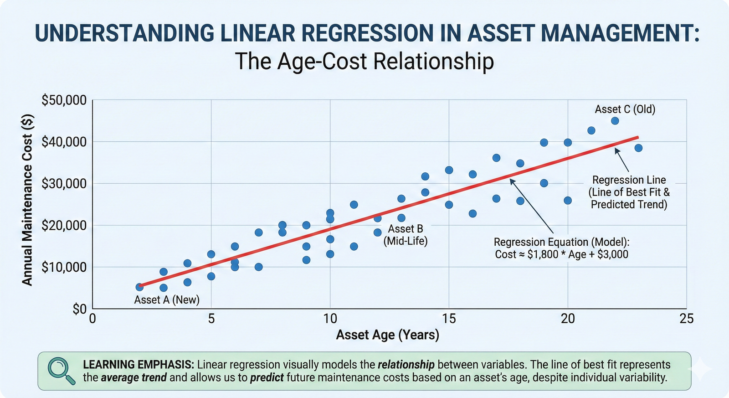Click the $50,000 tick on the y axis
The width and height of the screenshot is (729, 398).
[x=64, y=100]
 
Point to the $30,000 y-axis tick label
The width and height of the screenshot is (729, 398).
[x=64, y=184]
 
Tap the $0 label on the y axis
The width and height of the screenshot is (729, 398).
[x=79, y=309]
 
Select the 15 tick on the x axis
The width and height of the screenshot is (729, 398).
[x=449, y=319]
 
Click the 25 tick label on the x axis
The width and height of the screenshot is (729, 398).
[x=686, y=319]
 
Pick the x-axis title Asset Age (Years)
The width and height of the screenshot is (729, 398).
[x=388, y=335]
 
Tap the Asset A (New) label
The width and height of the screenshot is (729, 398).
[x=167, y=300]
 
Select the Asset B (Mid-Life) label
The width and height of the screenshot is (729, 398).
[x=406, y=235]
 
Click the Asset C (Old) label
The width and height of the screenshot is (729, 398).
[x=625, y=109]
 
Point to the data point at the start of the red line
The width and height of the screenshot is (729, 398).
[x=140, y=287]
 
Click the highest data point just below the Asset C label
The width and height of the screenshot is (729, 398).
[x=615, y=121]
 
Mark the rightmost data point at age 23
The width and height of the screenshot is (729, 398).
[x=638, y=148]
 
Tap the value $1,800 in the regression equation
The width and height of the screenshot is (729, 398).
[x=542, y=254]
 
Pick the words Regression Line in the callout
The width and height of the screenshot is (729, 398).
[x=629, y=180]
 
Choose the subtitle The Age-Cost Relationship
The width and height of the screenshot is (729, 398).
[x=364, y=61]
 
